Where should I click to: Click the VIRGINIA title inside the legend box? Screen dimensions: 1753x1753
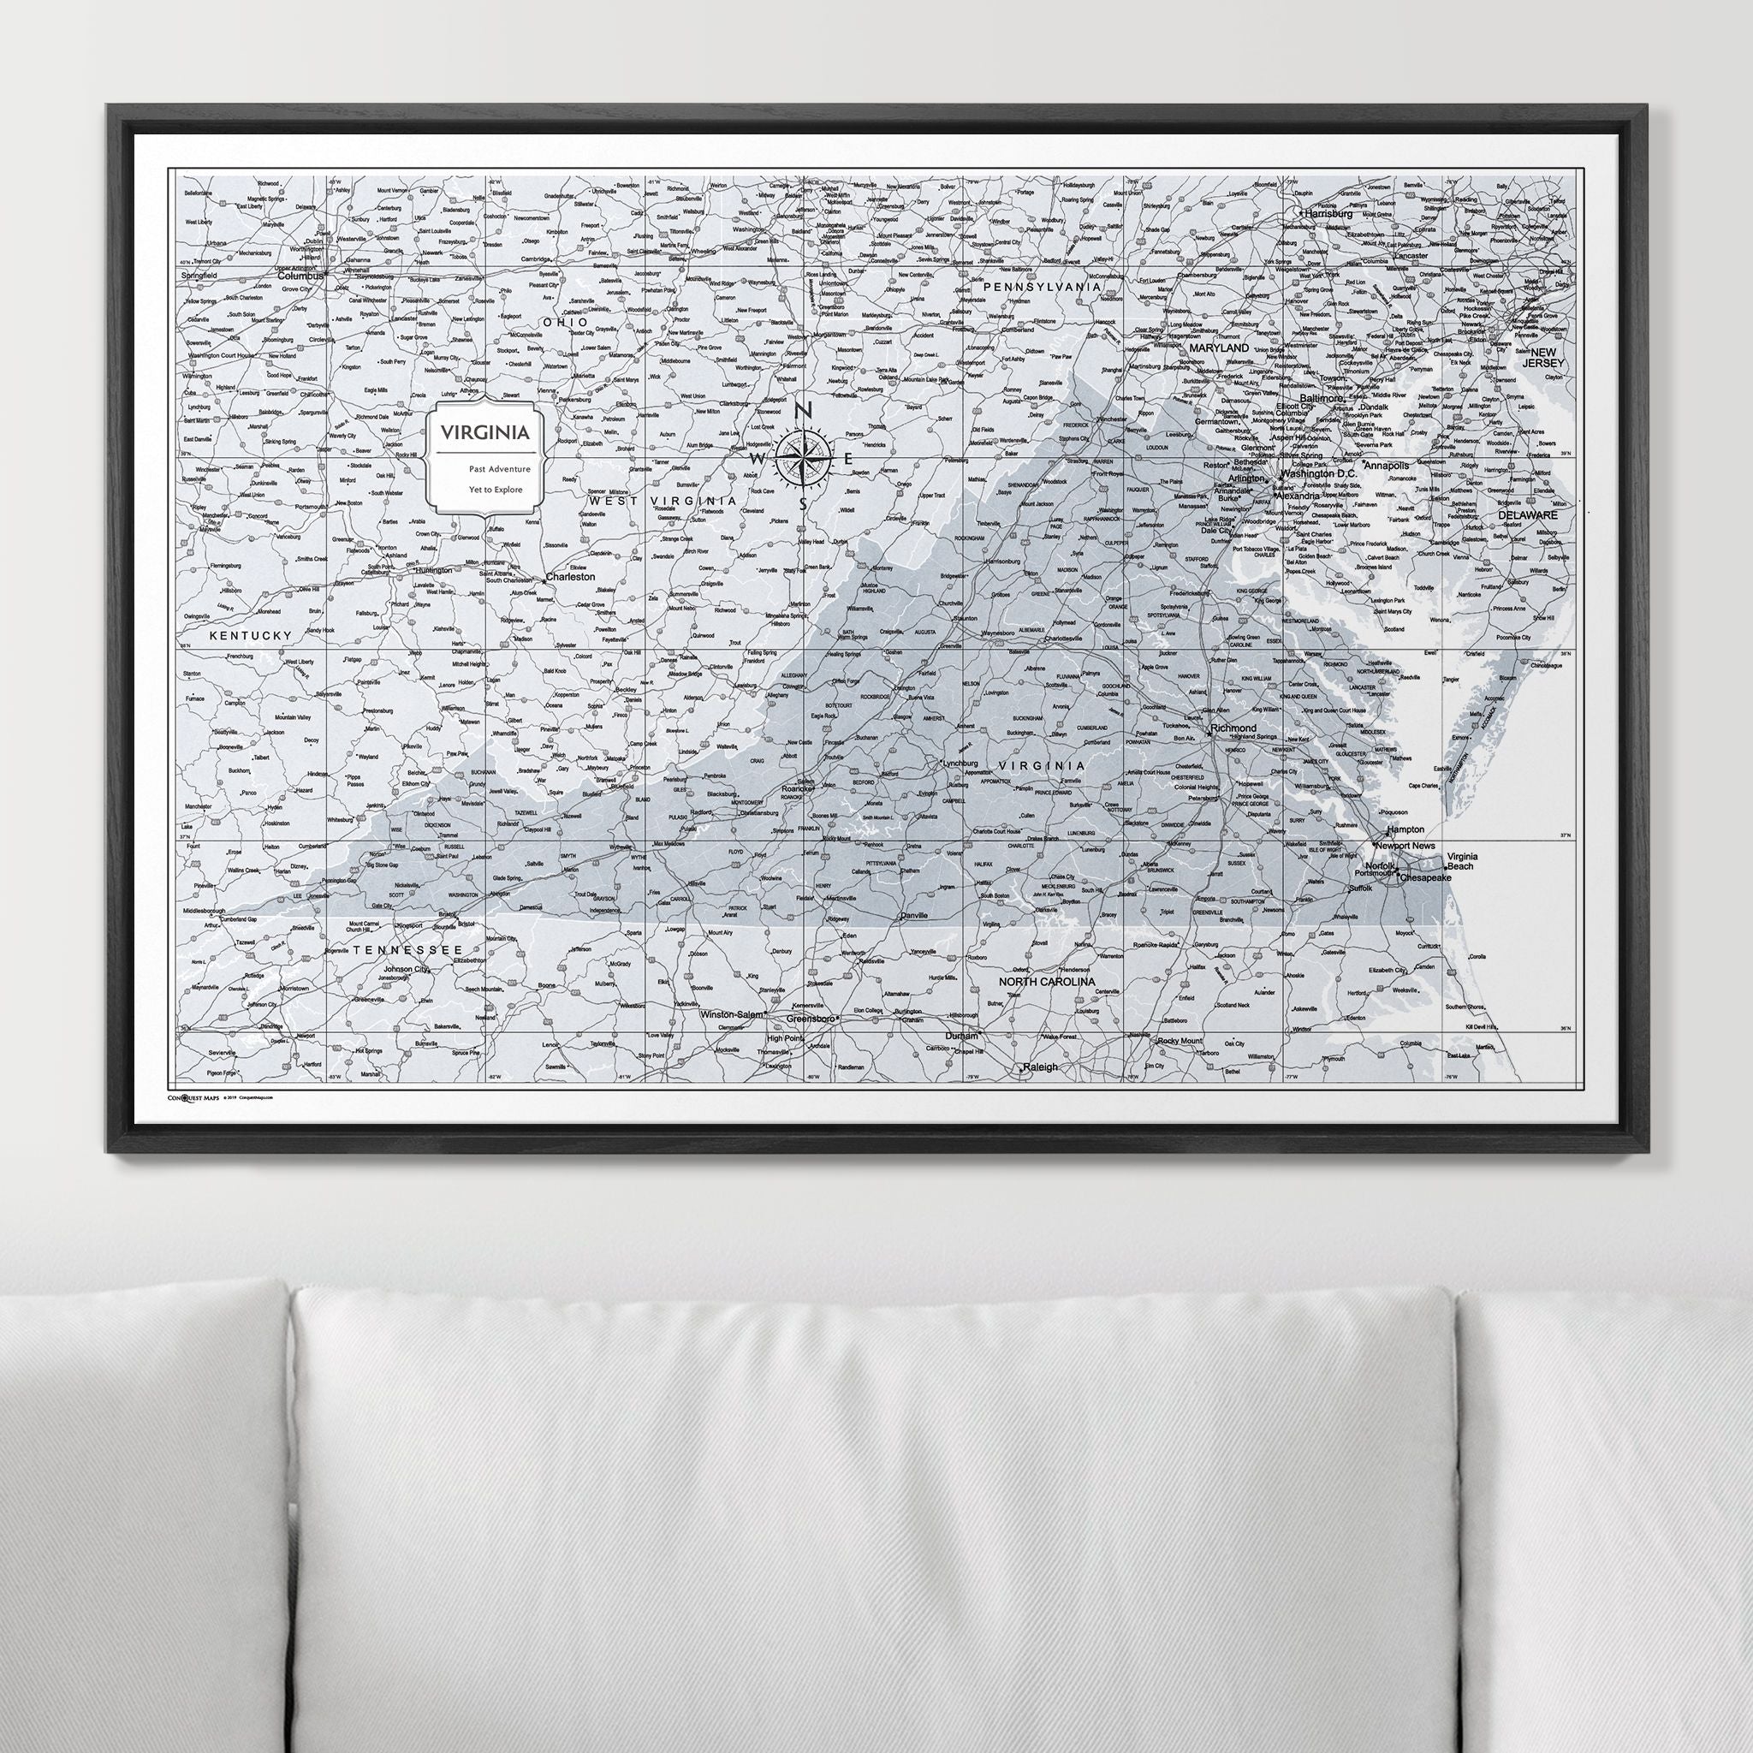(485, 432)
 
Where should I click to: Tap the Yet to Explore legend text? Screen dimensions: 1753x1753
(495, 489)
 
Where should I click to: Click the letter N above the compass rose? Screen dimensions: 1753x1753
(802, 411)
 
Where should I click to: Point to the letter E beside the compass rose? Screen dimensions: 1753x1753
(848, 459)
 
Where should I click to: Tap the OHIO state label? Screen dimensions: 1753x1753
(564, 322)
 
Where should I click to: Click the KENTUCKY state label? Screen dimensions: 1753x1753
(252, 636)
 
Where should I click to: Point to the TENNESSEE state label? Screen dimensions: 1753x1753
(401, 949)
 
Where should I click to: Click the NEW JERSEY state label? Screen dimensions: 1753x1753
(1543, 358)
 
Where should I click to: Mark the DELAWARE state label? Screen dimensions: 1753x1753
(1527, 514)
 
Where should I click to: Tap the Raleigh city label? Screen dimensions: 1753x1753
(1040, 1067)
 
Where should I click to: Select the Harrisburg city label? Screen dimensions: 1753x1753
(1328, 214)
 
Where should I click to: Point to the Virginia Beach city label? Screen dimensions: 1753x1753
(1462, 861)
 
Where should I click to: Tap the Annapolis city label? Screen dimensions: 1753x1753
(1388, 466)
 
